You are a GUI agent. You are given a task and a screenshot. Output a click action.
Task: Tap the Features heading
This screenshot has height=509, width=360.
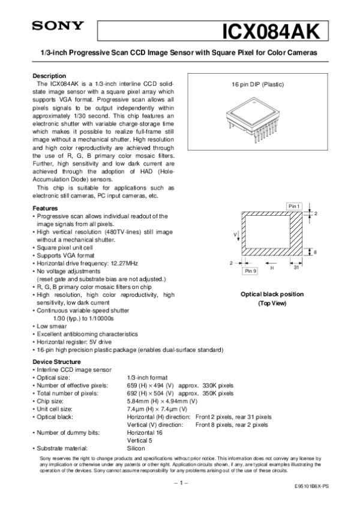point(45,208)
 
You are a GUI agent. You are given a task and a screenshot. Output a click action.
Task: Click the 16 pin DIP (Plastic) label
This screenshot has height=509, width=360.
point(258,85)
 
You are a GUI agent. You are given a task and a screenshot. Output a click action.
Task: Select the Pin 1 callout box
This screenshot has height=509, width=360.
point(294,206)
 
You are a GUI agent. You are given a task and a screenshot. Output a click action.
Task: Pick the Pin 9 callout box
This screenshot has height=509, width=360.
point(250,272)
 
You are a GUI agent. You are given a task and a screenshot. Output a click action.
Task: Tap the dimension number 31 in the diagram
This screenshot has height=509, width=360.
point(296,268)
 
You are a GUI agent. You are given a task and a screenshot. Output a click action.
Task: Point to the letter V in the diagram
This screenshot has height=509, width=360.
point(235,233)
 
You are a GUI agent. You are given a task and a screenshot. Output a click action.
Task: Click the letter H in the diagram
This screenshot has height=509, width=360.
point(271,268)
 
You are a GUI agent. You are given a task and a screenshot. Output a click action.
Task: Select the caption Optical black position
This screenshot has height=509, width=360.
point(272,294)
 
